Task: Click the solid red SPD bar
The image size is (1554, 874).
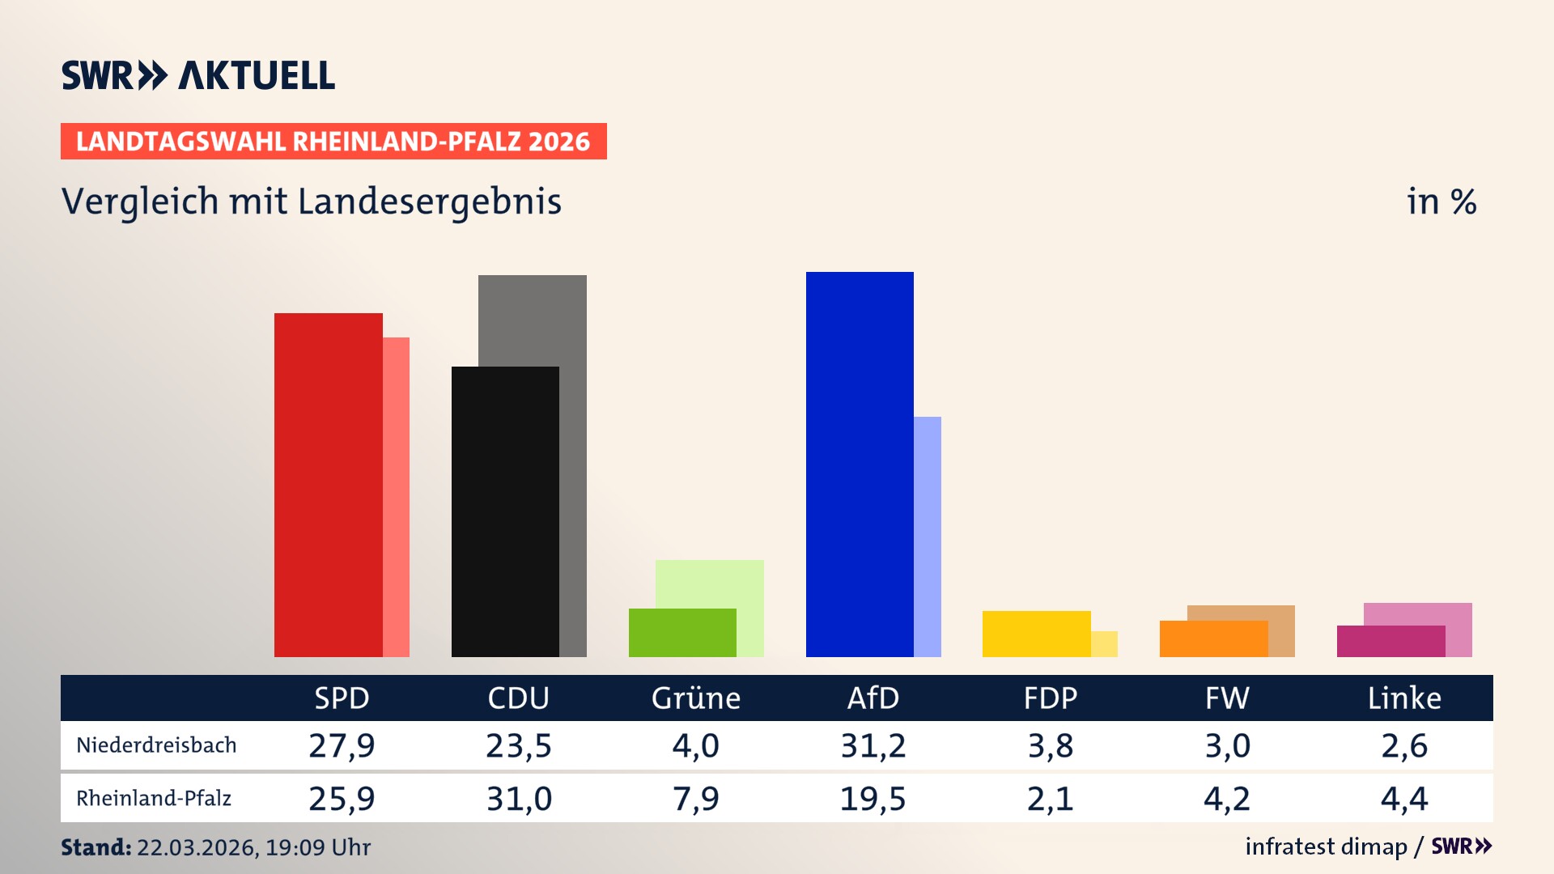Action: tap(328, 486)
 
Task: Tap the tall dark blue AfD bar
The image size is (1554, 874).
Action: tap(860, 465)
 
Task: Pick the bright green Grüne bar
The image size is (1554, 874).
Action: tap(682, 633)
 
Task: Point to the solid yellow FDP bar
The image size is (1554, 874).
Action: tap(1036, 634)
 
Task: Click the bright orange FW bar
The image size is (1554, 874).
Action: tap(1213, 639)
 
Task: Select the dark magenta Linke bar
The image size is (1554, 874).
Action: tap(1391, 641)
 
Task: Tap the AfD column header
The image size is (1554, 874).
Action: tap(873, 698)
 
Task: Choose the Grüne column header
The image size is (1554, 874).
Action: tap(696, 698)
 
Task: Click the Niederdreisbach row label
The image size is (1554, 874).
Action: tap(156, 745)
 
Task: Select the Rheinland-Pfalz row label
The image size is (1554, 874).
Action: tap(154, 799)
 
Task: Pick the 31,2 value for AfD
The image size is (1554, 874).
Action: tap(873, 745)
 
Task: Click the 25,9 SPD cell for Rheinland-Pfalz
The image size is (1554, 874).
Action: tap(342, 799)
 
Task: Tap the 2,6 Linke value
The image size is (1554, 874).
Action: tap(1404, 745)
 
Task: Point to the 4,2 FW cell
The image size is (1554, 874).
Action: tap(1227, 799)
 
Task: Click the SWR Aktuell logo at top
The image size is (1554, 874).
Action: tap(198, 75)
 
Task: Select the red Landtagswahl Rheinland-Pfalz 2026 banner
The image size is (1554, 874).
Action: tap(333, 142)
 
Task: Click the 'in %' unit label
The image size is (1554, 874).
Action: tap(1441, 202)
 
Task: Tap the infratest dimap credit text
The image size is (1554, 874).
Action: tap(1326, 846)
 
